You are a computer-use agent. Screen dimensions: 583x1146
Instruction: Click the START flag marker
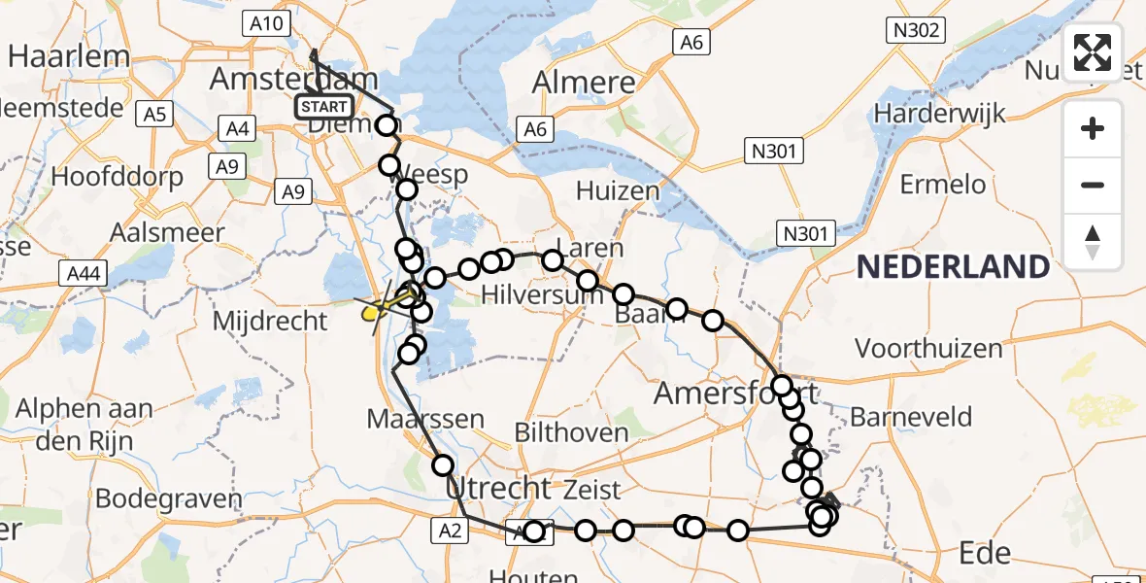pos(324,106)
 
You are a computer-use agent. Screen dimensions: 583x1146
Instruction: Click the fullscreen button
pos(1093,52)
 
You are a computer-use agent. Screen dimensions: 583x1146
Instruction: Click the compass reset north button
pos(1093,241)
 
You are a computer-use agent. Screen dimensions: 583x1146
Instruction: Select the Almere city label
pos(584,82)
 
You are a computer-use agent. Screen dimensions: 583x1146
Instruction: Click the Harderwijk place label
pos(937,113)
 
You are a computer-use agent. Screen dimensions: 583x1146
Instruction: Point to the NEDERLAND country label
pos(953,266)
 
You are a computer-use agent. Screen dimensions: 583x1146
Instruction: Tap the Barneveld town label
pos(911,418)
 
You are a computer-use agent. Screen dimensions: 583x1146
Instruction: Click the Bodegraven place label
pos(169,499)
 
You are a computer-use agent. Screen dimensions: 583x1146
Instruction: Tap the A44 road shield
pos(86,275)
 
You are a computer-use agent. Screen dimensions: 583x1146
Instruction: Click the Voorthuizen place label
pos(927,348)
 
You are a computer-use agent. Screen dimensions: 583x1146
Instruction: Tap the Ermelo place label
pos(942,185)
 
